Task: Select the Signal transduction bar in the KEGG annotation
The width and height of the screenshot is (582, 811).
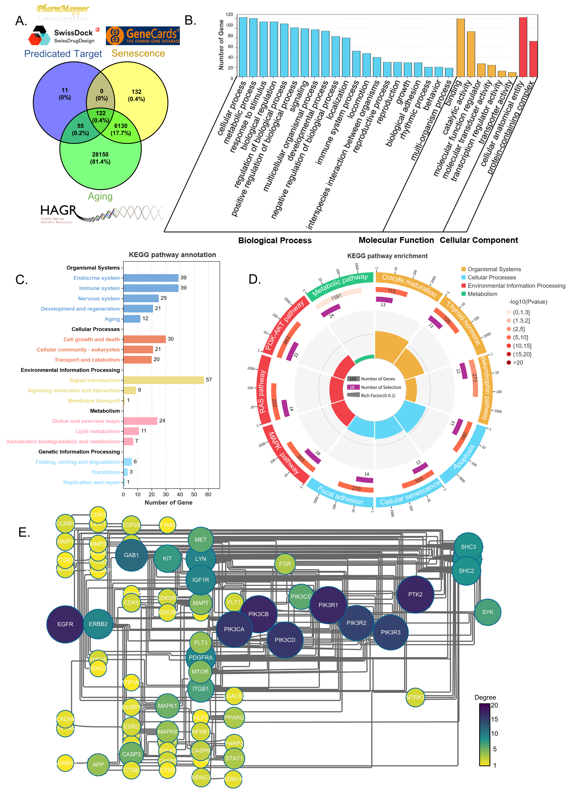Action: pyautogui.click(x=164, y=380)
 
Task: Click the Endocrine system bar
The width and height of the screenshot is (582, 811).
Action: pyautogui.click(x=151, y=278)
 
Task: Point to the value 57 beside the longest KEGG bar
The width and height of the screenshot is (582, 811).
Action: pyautogui.click(x=209, y=380)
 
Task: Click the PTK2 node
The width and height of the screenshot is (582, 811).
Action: pyautogui.click(x=415, y=594)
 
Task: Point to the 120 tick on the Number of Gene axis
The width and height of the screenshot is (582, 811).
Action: pyautogui.click(x=229, y=15)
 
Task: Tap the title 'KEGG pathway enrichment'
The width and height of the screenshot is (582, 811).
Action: pyautogui.click(x=387, y=256)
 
